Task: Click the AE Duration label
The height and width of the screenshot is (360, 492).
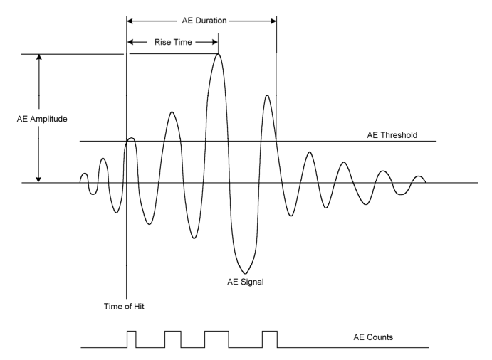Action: coord(204,21)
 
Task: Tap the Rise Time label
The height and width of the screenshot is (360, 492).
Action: coord(173,42)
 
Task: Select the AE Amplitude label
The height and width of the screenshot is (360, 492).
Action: coord(42,119)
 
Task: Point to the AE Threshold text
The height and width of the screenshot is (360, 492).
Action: coord(392,135)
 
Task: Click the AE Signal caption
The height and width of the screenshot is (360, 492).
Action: coord(246,282)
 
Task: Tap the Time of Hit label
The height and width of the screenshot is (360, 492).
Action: coord(124,306)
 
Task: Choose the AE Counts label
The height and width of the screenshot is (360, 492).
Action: coord(373,337)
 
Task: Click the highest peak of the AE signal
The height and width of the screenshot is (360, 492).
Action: coord(219,54)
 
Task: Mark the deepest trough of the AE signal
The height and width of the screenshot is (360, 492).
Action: coord(245,273)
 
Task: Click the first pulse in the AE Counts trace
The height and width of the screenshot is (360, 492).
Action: coord(132,331)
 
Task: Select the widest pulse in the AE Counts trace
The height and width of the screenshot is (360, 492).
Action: coord(216,331)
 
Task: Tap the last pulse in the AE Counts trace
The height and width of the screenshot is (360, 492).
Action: coord(270,331)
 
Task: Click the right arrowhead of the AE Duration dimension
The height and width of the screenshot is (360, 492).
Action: coord(273,21)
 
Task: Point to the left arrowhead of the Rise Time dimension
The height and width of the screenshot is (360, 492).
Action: coord(130,42)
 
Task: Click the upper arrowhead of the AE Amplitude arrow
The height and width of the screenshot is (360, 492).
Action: coord(39,57)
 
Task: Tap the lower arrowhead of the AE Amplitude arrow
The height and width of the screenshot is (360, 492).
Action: coord(38,179)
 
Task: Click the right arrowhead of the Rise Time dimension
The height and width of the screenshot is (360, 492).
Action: coord(215,42)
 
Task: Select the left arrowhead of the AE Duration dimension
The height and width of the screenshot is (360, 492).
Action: coord(130,21)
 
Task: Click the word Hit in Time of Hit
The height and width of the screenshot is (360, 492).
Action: coord(139,306)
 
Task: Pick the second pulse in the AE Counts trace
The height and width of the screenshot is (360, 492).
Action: coord(173,331)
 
